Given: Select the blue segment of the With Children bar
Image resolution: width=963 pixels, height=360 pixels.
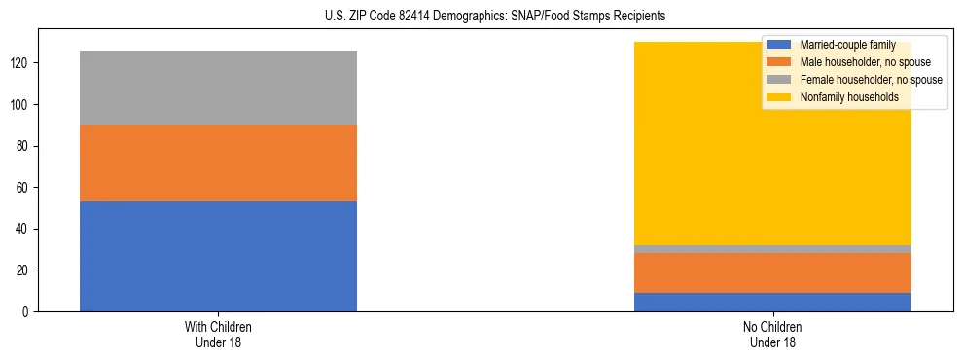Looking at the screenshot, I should click(x=218, y=256).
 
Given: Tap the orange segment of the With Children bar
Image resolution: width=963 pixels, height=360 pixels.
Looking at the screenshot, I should click(x=218, y=162).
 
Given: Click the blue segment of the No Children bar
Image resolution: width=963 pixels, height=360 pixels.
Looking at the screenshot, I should click(x=772, y=302).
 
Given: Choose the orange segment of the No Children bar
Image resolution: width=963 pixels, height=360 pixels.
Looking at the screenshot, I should click(x=772, y=272).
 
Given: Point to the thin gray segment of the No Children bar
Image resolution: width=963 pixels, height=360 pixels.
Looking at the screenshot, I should click(x=772, y=249).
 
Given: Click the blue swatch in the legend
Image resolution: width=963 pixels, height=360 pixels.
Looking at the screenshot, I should click(x=779, y=45).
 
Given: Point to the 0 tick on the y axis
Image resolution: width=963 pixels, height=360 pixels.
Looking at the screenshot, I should click(x=28, y=311).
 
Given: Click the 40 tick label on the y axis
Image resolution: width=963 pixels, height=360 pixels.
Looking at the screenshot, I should click(x=25, y=229).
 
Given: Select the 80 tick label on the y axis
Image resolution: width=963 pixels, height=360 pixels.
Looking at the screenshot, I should click(x=25, y=146).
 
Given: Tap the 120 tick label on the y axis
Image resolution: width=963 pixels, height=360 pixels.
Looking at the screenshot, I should click(x=22, y=63).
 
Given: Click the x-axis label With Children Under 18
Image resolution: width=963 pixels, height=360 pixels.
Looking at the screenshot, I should click(x=218, y=334).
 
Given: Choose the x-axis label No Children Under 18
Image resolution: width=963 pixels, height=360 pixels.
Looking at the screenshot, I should click(x=772, y=334).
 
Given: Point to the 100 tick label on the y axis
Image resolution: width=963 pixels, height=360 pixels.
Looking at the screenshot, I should click(x=22, y=105).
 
